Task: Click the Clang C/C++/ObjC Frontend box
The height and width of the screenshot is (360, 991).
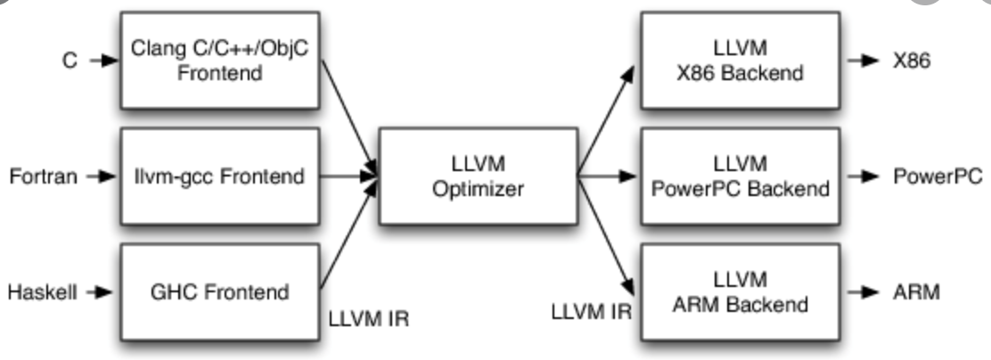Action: click(x=220, y=61)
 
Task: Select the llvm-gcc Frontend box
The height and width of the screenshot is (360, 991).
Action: click(x=220, y=176)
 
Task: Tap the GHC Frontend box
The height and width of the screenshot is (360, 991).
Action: click(x=220, y=292)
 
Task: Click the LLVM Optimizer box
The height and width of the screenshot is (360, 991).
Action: click(x=479, y=176)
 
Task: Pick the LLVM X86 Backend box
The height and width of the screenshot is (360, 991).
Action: click(x=740, y=61)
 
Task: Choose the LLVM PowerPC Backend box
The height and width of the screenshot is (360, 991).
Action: click(x=740, y=176)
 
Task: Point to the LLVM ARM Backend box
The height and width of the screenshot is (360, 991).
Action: click(x=740, y=292)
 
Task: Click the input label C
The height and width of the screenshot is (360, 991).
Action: click(x=70, y=61)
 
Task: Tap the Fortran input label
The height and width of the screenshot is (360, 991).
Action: click(x=44, y=176)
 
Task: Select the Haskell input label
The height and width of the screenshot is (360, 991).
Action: click(x=43, y=292)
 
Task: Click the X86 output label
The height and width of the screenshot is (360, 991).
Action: click(x=912, y=61)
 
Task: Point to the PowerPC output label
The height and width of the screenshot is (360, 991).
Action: click(x=938, y=176)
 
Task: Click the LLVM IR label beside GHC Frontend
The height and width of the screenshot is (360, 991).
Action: click(x=369, y=319)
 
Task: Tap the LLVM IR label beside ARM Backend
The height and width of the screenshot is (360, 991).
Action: click(x=592, y=312)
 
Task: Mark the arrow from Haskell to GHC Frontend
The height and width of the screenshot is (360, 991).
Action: click(x=100, y=292)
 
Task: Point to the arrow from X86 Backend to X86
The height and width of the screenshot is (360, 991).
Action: click(x=864, y=61)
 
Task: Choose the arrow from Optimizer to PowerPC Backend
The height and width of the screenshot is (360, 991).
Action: click(x=607, y=176)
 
